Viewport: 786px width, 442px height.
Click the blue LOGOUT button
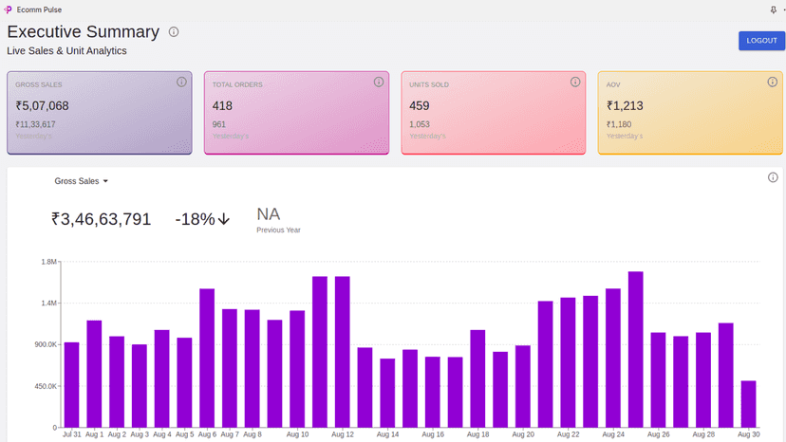pyautogui.click(x=761, y=41)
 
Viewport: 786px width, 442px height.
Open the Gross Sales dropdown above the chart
pyautogui.click(x=82, y=181)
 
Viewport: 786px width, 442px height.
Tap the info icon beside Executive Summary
pyautogui.click(x=174, y=32)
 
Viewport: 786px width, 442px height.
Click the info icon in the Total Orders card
pyautogui.click(x=379, y=82)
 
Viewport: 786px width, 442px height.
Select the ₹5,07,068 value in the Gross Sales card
pyautogui.click(x=42, y=105)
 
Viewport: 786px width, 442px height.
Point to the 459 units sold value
pyautogui.click(x=419, y=105)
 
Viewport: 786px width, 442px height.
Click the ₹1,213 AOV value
pyautogui.click(x=625, y=105)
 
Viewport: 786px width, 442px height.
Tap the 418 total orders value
pyautogui.click(x=222, y=105)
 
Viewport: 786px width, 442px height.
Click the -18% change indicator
pyautogui.click(x=202, y=219)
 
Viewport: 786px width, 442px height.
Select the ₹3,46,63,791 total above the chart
pyautogui.click(x=101, y=219)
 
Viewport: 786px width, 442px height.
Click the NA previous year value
pyautogui.click(x=269, y=214)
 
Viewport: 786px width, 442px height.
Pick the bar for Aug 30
pyautogui.click(x=748, y=404)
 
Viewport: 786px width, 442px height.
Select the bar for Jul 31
pyautogui.click(x=72, y=385)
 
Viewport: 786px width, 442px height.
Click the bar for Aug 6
pyautogui.click(x=207, y=358)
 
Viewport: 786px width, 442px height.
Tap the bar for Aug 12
pyautogui.click(x=343, y=352)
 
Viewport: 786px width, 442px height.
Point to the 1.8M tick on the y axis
pyautogui.click(x=48, y=262)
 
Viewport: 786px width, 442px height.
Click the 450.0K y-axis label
pyautogui.click(x=46, y=386)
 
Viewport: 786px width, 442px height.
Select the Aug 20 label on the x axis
pyautogui.click(x=523, y=434)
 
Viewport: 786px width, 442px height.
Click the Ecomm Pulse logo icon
pyautogui.click(x=8, y=9)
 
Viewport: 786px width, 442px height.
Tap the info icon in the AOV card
pyautogui.click(x=773, y=82)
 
